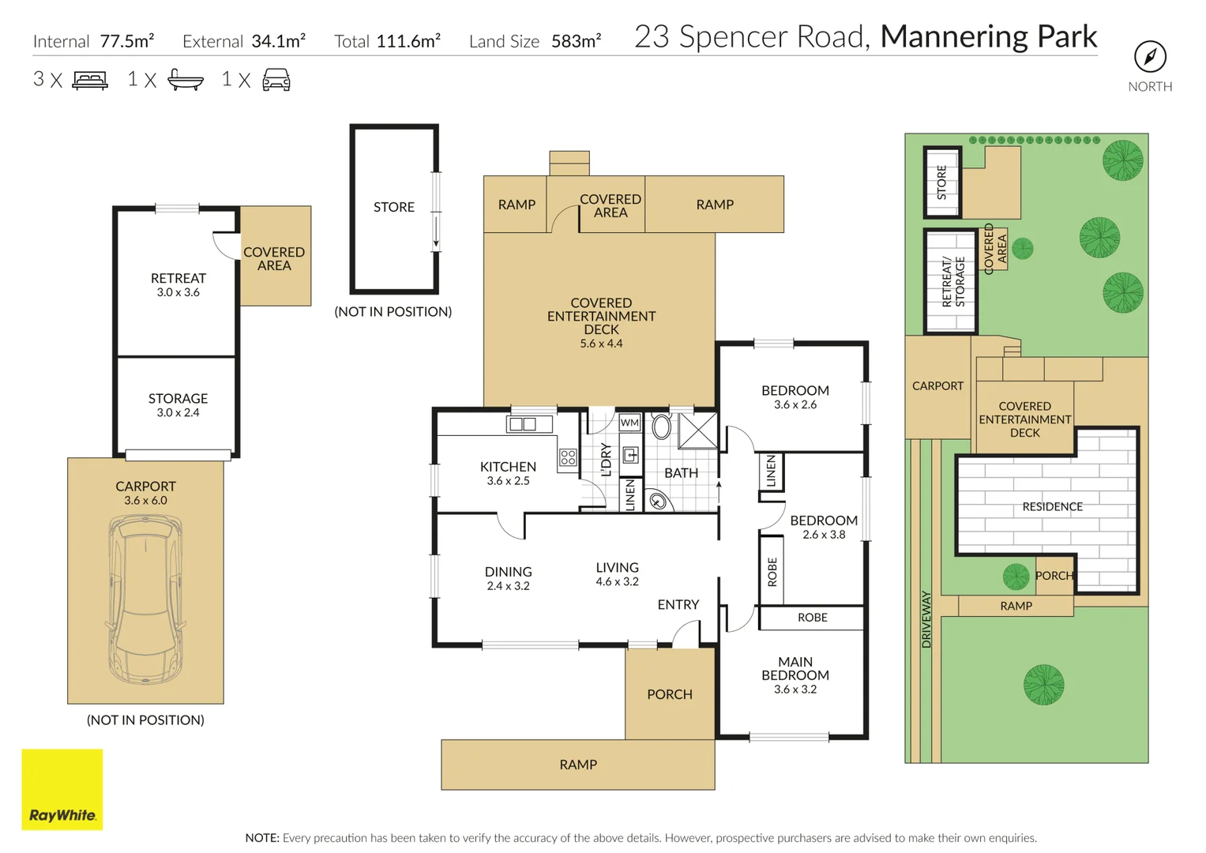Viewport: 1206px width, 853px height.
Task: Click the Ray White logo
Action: point(62,790)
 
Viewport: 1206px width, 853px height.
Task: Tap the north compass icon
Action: point(1150,56)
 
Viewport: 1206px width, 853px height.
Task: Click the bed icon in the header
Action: point(90,80)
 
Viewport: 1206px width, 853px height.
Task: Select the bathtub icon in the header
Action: point(186,80)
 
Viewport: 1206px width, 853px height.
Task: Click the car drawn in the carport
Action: point(145,599)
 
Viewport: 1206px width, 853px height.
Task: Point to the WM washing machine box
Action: point(629,423)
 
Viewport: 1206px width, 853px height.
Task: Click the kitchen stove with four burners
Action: point(568,457)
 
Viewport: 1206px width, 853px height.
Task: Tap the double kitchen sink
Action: point(523,424)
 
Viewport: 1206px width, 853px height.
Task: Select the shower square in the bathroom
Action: point(698,431)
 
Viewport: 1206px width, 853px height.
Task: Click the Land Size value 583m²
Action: point(576,41)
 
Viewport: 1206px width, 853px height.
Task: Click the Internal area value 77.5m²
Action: point(127,41)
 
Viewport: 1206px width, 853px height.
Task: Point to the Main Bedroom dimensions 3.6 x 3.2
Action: point(795,690)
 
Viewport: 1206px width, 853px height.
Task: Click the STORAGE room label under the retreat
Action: point(178,399)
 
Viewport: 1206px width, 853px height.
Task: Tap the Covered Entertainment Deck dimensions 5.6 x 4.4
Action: point(601,344)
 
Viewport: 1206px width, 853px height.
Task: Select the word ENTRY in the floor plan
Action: point(678,604)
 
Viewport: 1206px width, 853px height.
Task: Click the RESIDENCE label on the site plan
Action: point(1052,506)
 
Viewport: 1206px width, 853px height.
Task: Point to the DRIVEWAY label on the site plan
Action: point(926,619)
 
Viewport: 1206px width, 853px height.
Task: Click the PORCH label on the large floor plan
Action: point(670,694)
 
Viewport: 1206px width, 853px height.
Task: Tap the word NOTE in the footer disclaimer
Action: point(261,838)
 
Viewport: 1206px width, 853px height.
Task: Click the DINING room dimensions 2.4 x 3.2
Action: point(508,586)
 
